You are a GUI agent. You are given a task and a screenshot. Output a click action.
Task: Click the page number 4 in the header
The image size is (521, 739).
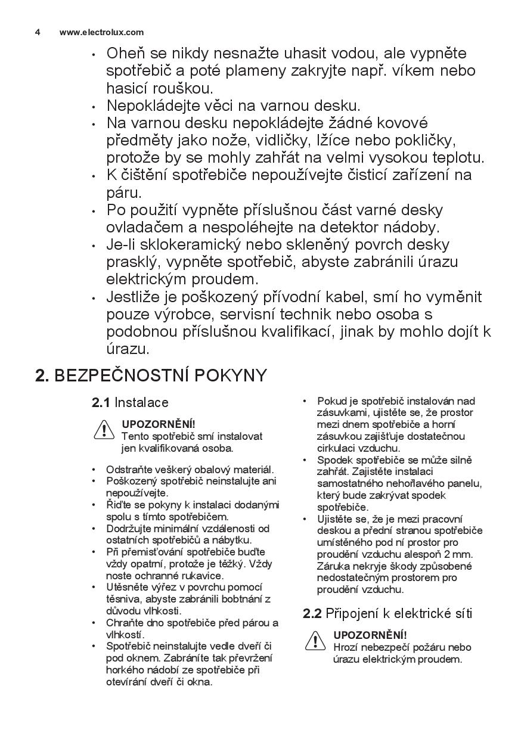(38, 32)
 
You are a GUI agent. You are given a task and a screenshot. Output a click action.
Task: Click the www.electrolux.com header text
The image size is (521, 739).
(101, 32)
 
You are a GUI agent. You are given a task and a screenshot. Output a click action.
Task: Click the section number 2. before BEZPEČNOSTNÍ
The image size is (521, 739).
(42, 375)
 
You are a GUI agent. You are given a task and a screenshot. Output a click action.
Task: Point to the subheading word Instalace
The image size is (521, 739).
(141, 402)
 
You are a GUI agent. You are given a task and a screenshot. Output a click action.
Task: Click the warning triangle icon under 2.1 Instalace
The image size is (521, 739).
(104, 429)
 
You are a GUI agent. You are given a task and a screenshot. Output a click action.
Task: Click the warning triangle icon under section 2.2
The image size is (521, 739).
(315, 641)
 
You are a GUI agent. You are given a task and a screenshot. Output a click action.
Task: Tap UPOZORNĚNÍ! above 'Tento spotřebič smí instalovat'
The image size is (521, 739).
(158, 424)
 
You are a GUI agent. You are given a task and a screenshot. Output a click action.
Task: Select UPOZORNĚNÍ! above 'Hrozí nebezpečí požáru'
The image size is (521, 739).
(370, 635)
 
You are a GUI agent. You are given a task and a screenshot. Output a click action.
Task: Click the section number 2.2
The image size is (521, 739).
(312, 613)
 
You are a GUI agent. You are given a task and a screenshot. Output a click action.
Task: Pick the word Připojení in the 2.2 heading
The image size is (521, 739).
(348, 613)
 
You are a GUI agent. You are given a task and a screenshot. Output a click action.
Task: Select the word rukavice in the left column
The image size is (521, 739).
(202, 575)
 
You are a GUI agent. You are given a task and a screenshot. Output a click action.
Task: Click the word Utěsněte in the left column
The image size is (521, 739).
(126, 587)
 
